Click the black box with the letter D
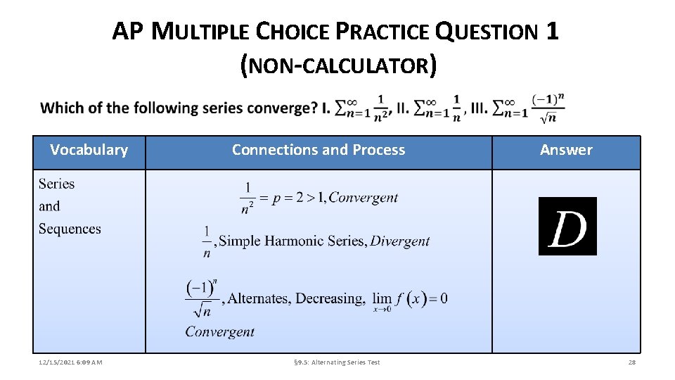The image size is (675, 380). point(567,226)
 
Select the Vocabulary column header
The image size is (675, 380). point(89,150)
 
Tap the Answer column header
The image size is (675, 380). point(566,150)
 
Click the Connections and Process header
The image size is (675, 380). point(319,150)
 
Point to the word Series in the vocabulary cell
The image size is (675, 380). point(56,184)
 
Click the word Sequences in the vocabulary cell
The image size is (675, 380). point(70,229)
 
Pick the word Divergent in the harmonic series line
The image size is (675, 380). point(399,241)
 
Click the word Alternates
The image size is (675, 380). point(259,299)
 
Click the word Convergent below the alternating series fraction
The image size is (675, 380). point(220,331)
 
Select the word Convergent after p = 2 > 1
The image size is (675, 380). point(364,198)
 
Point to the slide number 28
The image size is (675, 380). point(631,362)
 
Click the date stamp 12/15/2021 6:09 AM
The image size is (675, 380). point(70,362)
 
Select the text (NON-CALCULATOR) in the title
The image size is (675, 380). point(338,66)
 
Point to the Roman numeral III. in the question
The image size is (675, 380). point(479,108)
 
